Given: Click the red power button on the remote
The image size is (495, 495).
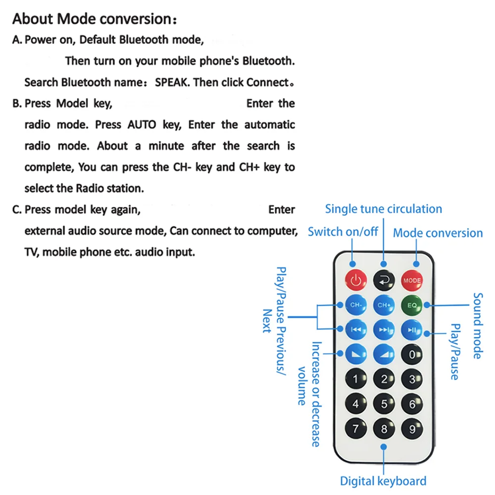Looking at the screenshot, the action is coord(356,280).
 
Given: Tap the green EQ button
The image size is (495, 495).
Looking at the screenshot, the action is coord(412,305).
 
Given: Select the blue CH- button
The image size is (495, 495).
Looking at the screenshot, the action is coord(356,305).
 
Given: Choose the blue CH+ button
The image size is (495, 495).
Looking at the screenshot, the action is coord(384,305).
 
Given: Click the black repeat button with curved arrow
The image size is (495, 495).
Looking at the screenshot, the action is coord(384,280).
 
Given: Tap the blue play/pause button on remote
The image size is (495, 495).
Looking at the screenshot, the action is coord(412,330).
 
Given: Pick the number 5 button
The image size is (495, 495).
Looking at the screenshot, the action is coord(384,404).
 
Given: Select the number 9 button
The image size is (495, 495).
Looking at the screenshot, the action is coord(412,429).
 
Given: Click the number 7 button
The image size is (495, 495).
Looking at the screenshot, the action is coord(356,428).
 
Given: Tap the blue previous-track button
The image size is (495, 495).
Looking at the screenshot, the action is coord(356,330).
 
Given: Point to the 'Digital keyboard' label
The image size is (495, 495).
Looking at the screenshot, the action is coord(383,481).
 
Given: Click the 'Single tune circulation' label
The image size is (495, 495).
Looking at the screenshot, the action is coord(384,209).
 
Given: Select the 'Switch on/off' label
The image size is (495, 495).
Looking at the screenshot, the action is coord(343,232).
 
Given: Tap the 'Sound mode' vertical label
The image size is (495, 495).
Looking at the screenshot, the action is coord(478,326).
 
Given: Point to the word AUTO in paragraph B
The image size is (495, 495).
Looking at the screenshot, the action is coord(142,125).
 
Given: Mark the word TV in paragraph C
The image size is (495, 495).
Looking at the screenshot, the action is coord(31,252).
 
